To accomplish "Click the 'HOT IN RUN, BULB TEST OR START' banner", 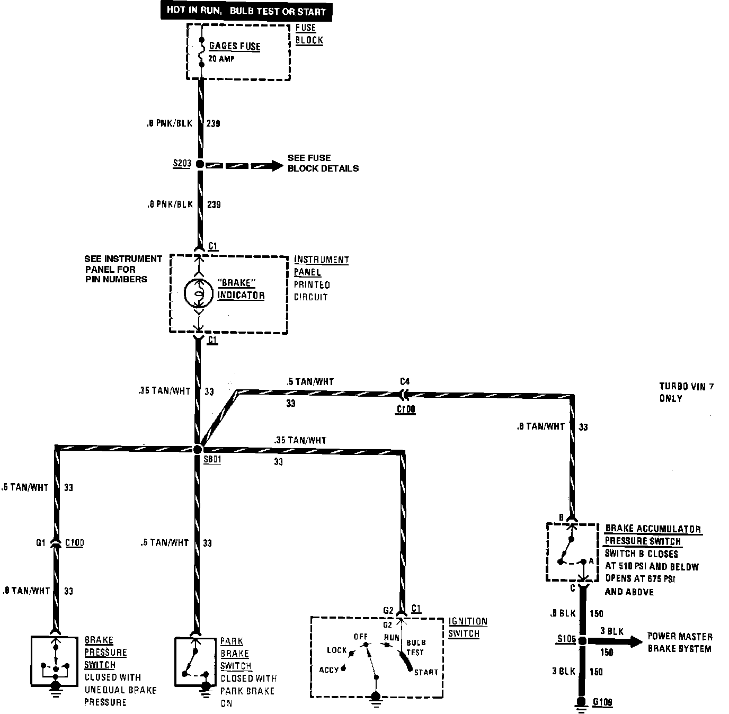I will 246,11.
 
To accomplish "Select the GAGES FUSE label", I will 235,46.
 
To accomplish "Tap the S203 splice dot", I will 200,164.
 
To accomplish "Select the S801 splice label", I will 212,460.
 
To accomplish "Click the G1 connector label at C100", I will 41,543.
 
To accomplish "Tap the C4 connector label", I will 405,381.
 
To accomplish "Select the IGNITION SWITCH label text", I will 467,627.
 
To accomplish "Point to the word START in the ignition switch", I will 426,672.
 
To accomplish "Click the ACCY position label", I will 328,670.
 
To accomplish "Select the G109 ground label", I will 602,702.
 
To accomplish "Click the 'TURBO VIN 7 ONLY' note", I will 686,392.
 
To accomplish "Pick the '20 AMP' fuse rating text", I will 221,59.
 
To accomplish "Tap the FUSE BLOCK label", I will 309,34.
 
